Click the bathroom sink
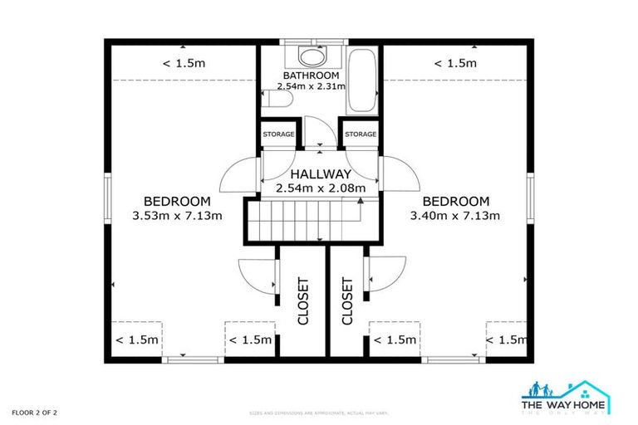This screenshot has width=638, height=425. click(x=312, y=58)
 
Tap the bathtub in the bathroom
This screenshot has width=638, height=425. click(x=361, y=83)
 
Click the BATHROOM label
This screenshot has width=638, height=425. click(x=309, y=75)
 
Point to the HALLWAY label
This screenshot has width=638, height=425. click(x=320, y=174)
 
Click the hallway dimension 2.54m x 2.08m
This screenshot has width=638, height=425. click(x=320, y=188)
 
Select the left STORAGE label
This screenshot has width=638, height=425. click(x=278, y=134)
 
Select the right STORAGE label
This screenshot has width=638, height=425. click(x=361, y=134)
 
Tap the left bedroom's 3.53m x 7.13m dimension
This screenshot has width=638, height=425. click(x=177, y=217)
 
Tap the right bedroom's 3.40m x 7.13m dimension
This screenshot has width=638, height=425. click(x=455, y=217)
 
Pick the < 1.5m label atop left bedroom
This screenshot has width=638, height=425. click(x=183, y=63)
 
